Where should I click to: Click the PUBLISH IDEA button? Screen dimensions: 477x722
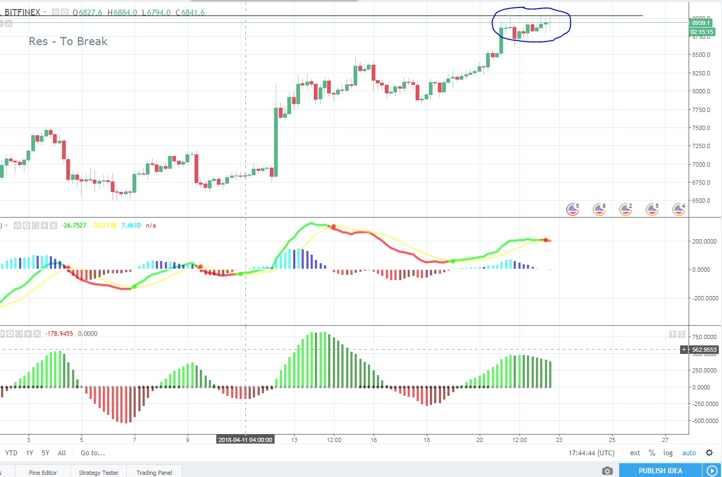pyautogui.click(x=660, y=471)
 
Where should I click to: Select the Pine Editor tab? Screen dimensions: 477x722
pyautogui.click(x=43, y=472)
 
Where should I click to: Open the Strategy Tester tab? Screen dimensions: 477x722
pyautogui.click(x=99, y=472)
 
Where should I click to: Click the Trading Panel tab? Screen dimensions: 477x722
pyautogui.click(x=154, y=472)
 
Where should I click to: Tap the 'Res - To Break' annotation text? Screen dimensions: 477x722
pyautogui.click(x=68, y=41)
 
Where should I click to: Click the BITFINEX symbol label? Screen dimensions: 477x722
pyautogui.click(x=22, y=12)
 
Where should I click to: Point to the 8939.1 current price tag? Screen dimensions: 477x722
pyautogui.click(x=701, y=23)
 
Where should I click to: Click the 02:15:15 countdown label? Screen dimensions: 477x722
pyautogui.click(x=702, y=32)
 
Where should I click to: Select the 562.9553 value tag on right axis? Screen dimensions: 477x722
pyautogui.click(x=704, y=350)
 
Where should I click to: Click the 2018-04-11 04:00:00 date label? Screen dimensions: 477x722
pyautogui.click(x=245, y=439)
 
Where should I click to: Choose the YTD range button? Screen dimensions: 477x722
pyautogui.click(x=11, y=453)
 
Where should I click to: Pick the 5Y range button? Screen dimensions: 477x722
pyautogui.click(x=46, y=453)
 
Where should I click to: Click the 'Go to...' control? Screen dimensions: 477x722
pyautogui.click(x=93, y=453)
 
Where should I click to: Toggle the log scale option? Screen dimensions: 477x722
pyautogui.click(x=668, y=453)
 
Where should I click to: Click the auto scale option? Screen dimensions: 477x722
pyautogui.click(x=689, y=453)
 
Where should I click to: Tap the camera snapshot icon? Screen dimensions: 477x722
pyautogui.click(x=607, y=471)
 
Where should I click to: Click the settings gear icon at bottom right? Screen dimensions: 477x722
pyautogui.click(x=709, y=453)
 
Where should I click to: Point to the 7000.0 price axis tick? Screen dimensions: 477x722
pyautogui.click(x=701, y=164)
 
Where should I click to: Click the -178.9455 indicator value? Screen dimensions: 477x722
pyautogui.click(x=59, y=334)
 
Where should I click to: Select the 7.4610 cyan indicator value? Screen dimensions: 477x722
pyautogui.click(x=131, y=226)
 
